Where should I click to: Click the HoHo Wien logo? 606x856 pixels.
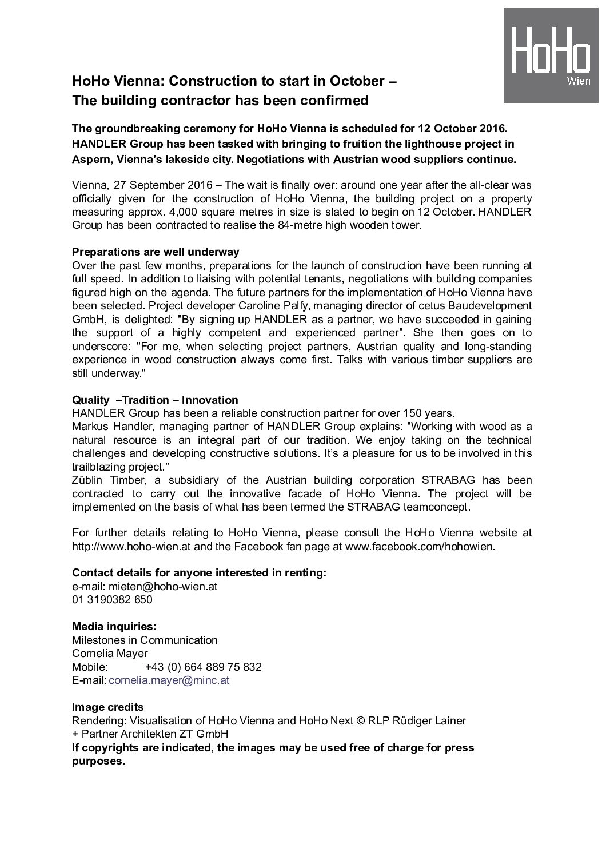pos(551,55)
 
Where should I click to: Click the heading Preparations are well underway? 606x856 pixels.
pos(156,252)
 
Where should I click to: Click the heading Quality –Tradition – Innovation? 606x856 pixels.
pos(155,400)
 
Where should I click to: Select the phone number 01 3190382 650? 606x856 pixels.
pos(112,599)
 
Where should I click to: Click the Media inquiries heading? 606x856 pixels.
pos(114,627)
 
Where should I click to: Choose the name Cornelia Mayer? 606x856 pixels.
pos(110,653)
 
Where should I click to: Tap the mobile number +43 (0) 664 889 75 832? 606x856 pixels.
pos(203,667)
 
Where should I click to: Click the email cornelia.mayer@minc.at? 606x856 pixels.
pos(169,680)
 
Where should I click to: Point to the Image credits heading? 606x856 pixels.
pos(108,707)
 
